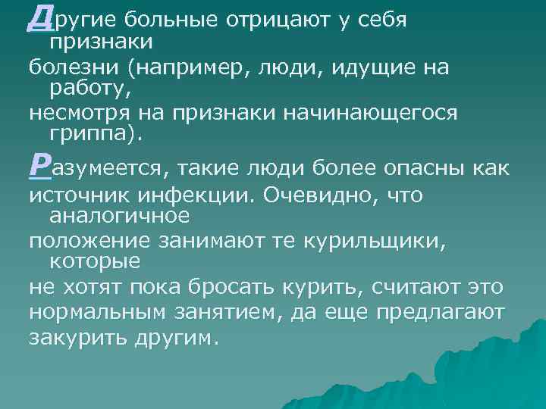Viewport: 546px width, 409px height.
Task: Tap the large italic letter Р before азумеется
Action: [x=39, y=164]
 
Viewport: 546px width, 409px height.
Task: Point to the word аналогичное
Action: [x=118, y=216]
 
